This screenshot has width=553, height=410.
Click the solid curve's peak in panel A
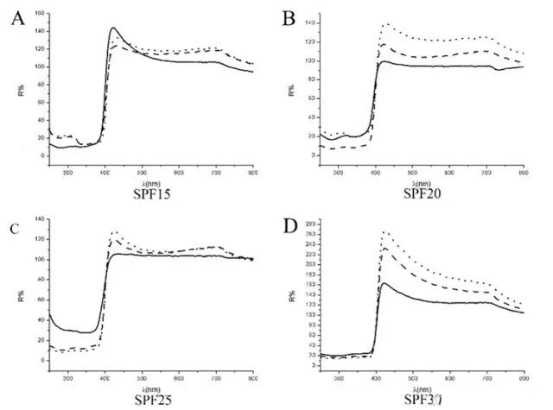click(113, 28)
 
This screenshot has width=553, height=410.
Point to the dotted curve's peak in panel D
click(384, 231)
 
